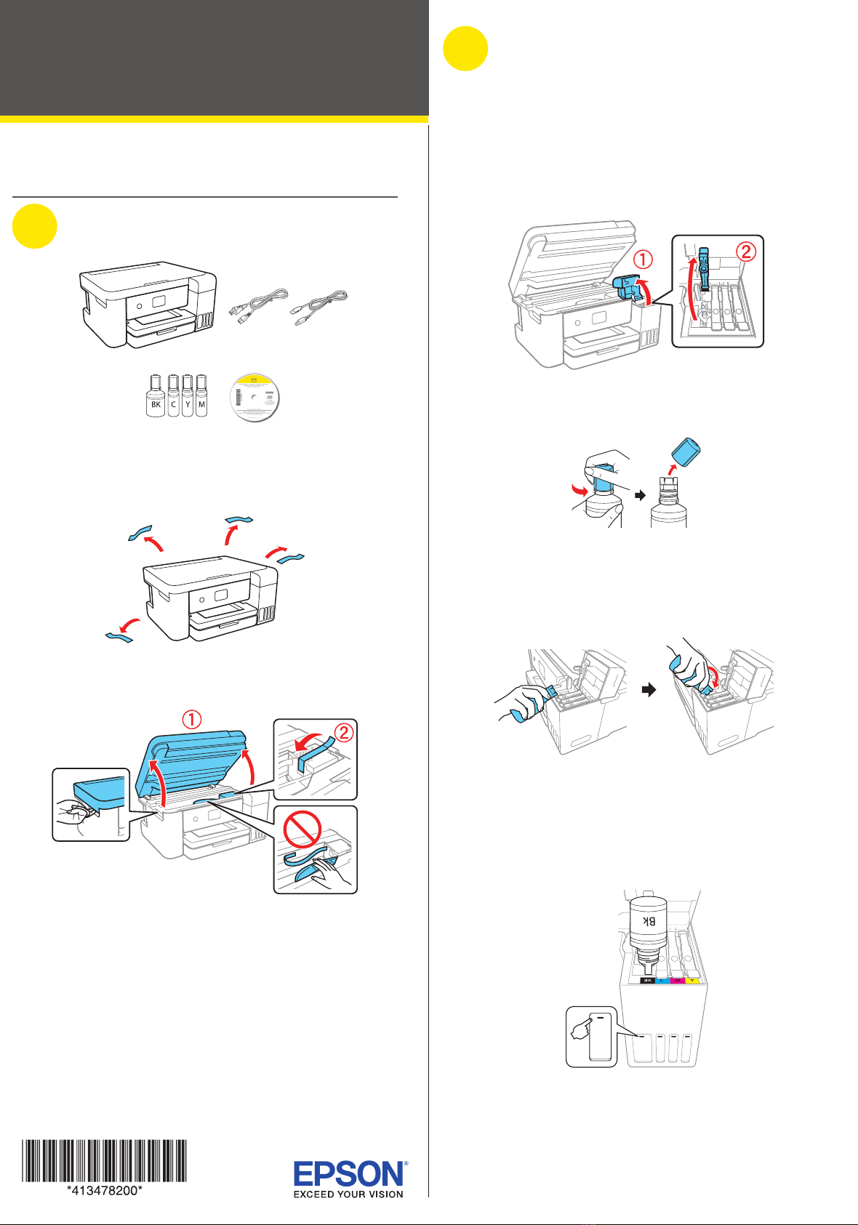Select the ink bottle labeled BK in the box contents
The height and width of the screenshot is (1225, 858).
156,396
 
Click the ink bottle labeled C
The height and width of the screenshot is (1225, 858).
173,396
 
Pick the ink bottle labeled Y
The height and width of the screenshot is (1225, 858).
187,396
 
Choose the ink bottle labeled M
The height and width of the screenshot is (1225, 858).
201,396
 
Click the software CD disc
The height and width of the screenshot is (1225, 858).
254,397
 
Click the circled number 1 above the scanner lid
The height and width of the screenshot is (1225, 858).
191,720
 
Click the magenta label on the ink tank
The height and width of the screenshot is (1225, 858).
678,981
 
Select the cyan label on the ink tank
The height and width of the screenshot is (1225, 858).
662,981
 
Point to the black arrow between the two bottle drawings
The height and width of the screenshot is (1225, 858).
640,495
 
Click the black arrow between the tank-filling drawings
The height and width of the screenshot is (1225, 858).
649,690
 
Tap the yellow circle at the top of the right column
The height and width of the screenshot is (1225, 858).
465,49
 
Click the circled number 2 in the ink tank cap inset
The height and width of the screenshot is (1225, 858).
747,252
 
